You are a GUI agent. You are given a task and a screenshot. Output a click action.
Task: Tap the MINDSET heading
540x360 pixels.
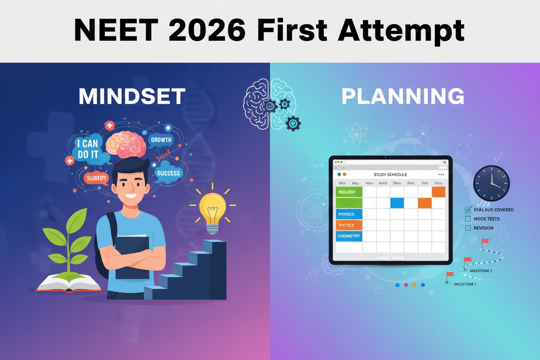point(132,96)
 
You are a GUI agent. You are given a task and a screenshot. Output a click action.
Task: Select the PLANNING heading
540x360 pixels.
point(403,96)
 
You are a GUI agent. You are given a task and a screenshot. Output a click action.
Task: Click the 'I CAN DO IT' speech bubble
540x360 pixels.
point(88,148)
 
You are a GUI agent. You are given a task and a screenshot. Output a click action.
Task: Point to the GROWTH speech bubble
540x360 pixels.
point(161,140)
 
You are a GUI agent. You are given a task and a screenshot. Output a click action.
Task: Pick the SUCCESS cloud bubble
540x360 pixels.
point(168,173)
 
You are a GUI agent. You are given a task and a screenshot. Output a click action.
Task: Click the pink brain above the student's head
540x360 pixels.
point(126,144)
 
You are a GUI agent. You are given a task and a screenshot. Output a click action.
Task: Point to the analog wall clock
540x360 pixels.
point(491,183)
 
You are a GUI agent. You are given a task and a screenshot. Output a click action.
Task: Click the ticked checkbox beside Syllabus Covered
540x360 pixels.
point(468,210)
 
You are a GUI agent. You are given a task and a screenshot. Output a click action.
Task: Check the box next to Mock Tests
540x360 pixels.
point(468,219)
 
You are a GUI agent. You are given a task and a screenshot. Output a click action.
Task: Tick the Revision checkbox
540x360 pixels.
point(468,228)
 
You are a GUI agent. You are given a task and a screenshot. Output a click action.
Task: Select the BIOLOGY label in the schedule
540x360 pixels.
point(348,192)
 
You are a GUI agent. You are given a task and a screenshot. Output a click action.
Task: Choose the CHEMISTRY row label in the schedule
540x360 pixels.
point(348,236)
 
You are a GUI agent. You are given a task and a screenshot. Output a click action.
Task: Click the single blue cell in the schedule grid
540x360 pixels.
point(397,203)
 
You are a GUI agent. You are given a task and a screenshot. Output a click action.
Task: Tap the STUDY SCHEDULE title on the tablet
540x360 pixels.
point(390,174)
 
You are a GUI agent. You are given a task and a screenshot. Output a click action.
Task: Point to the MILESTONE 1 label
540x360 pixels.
point(465,284)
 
